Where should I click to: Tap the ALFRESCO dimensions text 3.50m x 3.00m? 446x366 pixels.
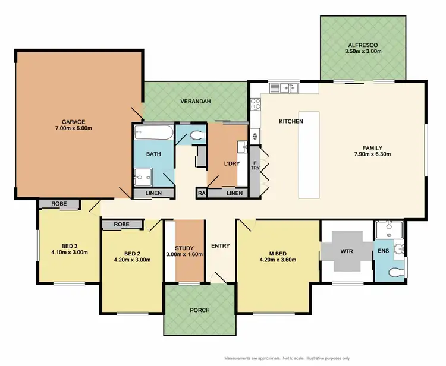click(x=363, y=52)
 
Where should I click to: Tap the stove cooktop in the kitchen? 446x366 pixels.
click(x=255, y=103)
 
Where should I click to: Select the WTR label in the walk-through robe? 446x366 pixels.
click(x=347, y=251)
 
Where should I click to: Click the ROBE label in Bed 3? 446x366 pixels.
click(x=59, y=204)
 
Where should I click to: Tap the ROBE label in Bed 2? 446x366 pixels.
click(x=121, y=225)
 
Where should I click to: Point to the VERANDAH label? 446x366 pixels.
click(x=196, y=101)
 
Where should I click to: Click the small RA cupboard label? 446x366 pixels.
click(x=201, y=194)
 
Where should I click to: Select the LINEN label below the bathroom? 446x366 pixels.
click(x=153, y=194)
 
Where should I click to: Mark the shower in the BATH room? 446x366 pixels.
click(x=143, y=175)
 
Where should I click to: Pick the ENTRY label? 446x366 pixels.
click(x=220, y=245)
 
